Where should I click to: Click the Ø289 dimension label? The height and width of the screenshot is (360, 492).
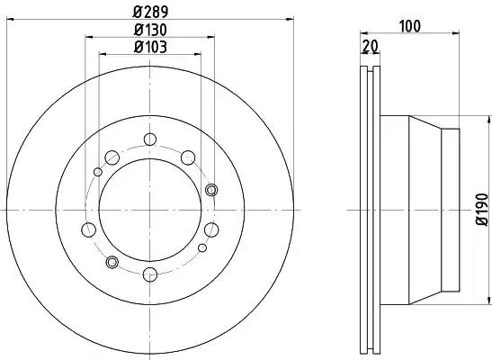tap(150, 12)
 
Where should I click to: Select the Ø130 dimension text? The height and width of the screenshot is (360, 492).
tap(150, 30)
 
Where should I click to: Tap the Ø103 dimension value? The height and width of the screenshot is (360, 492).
tap(150, 47)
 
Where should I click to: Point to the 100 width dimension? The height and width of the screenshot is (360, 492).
tap(410, 26)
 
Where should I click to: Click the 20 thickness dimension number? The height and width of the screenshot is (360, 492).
tap(370, 47)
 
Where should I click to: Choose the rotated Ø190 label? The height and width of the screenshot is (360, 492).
tap(482, 210)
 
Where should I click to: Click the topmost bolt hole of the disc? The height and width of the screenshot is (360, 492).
tap(150, 139)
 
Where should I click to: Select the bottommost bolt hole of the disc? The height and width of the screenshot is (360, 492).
tap(150, 274)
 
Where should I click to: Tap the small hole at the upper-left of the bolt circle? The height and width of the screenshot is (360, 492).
tap(98, 172)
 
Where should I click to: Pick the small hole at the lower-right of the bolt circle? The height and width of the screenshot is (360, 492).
tap(202, 248)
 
